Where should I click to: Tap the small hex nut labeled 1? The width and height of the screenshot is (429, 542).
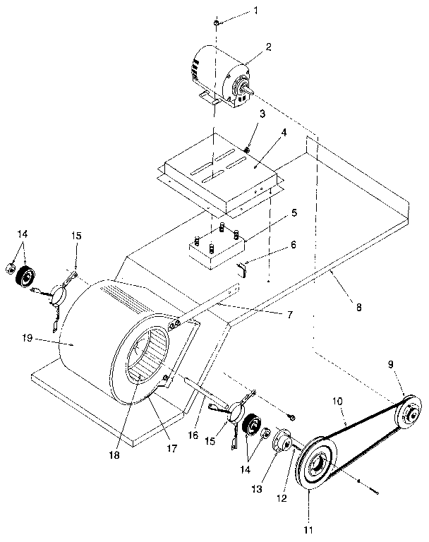tap(216, 24)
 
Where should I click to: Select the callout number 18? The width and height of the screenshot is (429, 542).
tap(114, 455)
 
